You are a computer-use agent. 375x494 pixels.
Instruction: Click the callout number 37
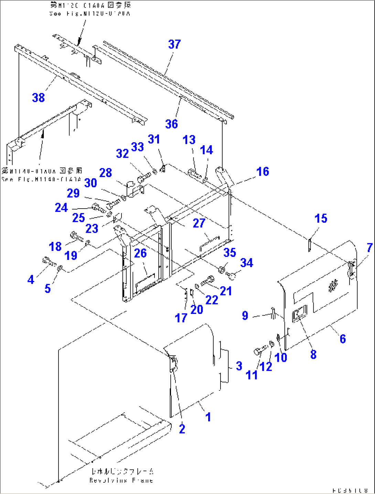[174, 44]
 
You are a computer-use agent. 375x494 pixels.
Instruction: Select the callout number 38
[39, 98]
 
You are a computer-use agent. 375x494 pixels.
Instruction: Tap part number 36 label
[171, 124]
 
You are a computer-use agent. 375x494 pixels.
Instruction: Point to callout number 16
[263, 171]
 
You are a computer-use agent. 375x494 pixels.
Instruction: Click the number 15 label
[321, 218]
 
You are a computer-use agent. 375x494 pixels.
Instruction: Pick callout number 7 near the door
[369, 248]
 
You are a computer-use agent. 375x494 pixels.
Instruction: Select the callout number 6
[343, 339]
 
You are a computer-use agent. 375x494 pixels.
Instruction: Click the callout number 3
[239, 366]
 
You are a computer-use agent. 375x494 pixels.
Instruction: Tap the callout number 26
[140, 253]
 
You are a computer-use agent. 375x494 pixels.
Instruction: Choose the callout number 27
[199, 223]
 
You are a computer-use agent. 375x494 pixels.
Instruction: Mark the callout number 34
[247, 263]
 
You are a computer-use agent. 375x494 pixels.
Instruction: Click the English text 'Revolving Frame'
[121, 480]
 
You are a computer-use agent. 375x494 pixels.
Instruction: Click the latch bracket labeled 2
[173, 365]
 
